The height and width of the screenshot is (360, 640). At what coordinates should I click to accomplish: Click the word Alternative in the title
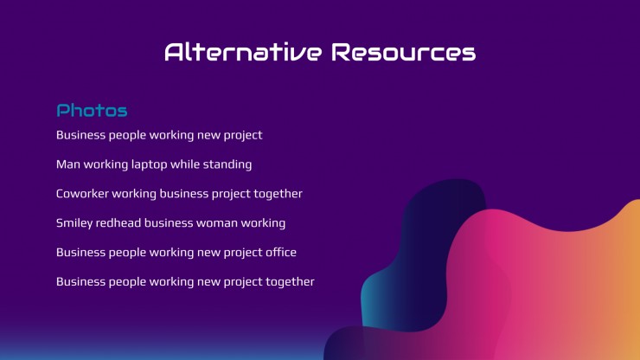(x=243, y=52)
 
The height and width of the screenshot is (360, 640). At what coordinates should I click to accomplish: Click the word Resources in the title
(x=403, y=52)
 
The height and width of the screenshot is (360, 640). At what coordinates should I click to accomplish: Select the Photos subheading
(x=92, y=110)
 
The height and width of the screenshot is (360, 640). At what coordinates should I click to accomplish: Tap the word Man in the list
(x=68, y=164)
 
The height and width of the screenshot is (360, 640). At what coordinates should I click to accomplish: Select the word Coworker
(x=82, y=194)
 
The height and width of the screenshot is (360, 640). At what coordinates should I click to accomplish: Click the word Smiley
(x=74, y=223)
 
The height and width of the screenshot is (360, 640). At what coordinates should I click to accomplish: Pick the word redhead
(x=118, y=223)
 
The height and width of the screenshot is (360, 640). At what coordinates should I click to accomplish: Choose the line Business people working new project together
(x=185, y=282)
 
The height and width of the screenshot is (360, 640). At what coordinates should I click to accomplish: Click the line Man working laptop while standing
(x=154, y=164)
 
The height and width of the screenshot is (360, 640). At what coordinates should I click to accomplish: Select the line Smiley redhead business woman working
(x=170, y=223)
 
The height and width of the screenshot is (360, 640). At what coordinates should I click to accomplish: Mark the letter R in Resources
(x=341, y=52)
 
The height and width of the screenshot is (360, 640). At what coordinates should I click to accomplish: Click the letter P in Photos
(x=62, y=110)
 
